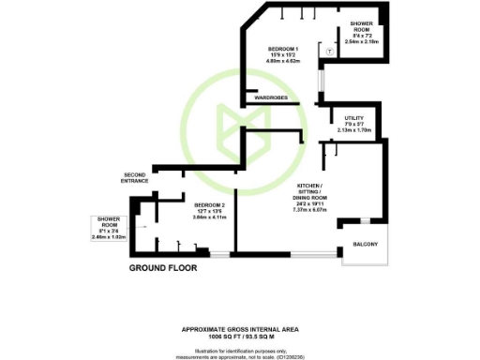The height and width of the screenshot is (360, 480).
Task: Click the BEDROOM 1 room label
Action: (x=283, y=49)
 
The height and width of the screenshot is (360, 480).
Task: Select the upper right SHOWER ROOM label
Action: (x=362, y=25)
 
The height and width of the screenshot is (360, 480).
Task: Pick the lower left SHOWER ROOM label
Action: (x=109, y=221)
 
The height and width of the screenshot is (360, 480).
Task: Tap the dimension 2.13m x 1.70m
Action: (x=358, y=129)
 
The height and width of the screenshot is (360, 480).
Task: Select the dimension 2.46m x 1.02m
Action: (x=109, y=238)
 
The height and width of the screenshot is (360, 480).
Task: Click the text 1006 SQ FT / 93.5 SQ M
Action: (x=239, y=335)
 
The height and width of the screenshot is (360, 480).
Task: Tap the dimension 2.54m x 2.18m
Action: (x=362, y=42)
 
